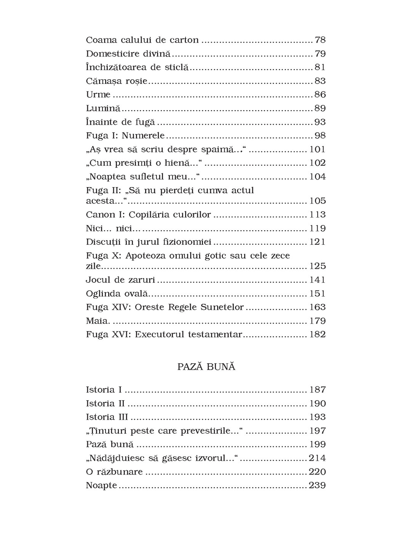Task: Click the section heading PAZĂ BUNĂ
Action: click(x=206, y=367)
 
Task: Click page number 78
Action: click(x=320, y=40)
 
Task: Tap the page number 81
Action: click(x=320, y=67)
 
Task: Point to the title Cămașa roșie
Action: click(x=117, y=81)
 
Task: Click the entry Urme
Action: click(x=98, y=95)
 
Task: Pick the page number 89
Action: click(x=320, y=108)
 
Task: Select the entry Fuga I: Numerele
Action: click(x=125, y=136)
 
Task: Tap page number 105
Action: click(x=317, y=201)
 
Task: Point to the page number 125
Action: click(x=317, y=266)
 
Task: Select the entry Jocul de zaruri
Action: click(x=120, y=280)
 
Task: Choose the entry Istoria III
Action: click(x=107, y=417)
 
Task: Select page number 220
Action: click(x=317, y=472)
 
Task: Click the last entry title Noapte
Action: click(x=102, y=486)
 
